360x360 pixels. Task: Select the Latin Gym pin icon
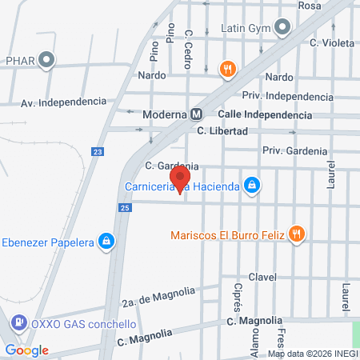pos(281,28)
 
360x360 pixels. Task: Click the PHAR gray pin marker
pos(47,59)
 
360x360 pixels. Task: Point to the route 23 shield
pos(98,151)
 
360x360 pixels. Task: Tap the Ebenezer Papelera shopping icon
pos(106,241)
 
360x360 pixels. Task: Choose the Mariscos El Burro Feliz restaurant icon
pos(297,234)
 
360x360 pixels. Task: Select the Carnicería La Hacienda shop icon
pos(252,186)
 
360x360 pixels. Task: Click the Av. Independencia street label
pos(63,102)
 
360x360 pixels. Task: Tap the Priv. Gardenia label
pos(294,150)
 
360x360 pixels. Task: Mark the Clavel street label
pos(262,277)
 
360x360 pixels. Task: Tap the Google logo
pos(26,350)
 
